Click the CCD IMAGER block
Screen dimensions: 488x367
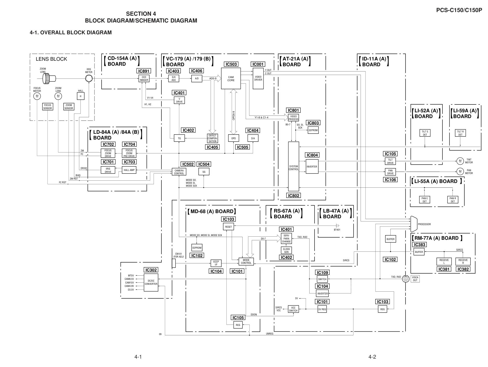(x=144, y=79)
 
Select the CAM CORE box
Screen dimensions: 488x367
(x=231, y=79)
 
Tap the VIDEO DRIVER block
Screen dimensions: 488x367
(x=258, y=79)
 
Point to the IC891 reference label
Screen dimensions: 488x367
(x=144, y=71)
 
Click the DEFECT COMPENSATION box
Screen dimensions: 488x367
(x=212, y=138)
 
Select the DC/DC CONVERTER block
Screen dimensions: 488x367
(x=151, y=282)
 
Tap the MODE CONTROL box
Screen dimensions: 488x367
(x=246, y=262)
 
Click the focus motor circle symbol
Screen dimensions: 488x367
(x=37, y=96)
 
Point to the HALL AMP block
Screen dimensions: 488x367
(x=129, y=170)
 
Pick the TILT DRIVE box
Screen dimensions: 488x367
(x=390, y=161)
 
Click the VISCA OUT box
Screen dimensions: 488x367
(x=415, y=279)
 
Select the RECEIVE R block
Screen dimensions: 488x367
(x=463, y=262)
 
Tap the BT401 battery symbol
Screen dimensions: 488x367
(x=338, y=226)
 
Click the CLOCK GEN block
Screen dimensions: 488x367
(x=286, y=251)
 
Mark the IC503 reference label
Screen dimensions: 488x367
(x=231, y=64)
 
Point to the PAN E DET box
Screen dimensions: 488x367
(x=425, y=200)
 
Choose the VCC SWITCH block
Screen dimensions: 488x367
(x=293, y=309)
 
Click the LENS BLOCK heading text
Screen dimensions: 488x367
(x=52, y=59)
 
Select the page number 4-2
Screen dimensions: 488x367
(x=372, y=357)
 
